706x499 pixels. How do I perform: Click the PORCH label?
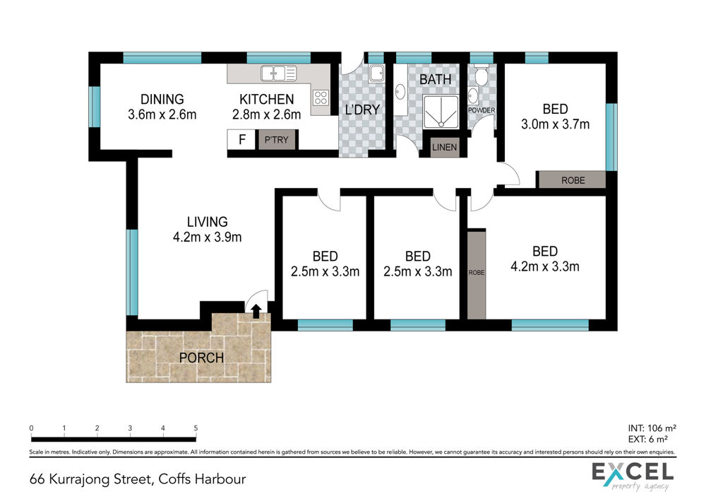tap(201, 358)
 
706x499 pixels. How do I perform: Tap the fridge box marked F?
tap(241, 140)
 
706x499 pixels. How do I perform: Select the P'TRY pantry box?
tap(277, 140)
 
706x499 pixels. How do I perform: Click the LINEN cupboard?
tap(444, 148)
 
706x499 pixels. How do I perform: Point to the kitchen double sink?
tap(279, 73)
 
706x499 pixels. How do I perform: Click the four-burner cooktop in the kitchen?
tap(321, 98)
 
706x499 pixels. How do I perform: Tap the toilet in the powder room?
tap(481, 75)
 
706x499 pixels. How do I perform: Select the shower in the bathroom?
tap(441, 112)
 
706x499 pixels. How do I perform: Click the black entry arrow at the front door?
tap(256, 311)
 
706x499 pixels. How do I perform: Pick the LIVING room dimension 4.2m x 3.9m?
tap(207, 237)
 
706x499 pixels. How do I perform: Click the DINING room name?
tap(162, 99)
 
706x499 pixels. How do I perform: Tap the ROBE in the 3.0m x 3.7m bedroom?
tap(572, 180)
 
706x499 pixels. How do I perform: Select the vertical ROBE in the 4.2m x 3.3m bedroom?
tap(477, 275)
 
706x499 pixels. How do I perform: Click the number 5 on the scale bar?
tap(196, 428)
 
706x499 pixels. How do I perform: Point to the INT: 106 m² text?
tap(652, 428)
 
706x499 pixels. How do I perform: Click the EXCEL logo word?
tap(633, 472)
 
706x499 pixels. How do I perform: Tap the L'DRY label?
tap(362, 110)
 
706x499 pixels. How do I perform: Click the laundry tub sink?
tap(376, 73)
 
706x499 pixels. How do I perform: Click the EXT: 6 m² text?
tap(648, 439)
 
